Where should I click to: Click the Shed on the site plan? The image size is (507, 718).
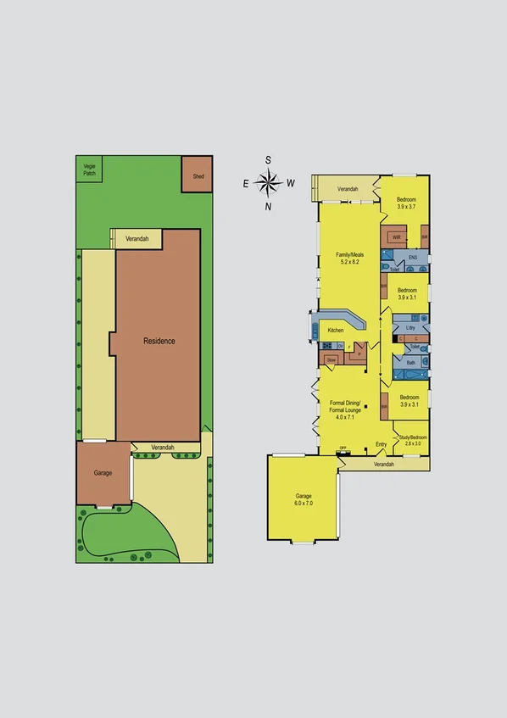click(x=198, y=175)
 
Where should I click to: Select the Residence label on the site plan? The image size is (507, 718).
click(x=159, y=341)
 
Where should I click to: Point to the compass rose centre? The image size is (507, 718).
click(x=269, y=181)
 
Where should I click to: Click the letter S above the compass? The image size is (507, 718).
click(x=269, y=159)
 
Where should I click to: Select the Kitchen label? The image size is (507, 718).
click(x=336, y=329)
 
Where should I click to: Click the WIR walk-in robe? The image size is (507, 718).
click(x=396, y=237)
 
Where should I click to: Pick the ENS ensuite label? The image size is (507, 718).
click(x=413, y=257)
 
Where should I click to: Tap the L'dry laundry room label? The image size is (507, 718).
click(x=410, y=327)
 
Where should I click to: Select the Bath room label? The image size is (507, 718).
click(x=410, y=363)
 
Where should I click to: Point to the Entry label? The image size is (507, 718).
click(x=381, y=443)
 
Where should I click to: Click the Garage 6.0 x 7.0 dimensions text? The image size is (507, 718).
click(x=304, y=504)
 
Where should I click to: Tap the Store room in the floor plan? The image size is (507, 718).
click(x=331, y=359)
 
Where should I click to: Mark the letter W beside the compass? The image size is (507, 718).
click(x=291, y=182)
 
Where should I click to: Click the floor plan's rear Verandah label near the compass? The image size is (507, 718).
click(x=348, y=189)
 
